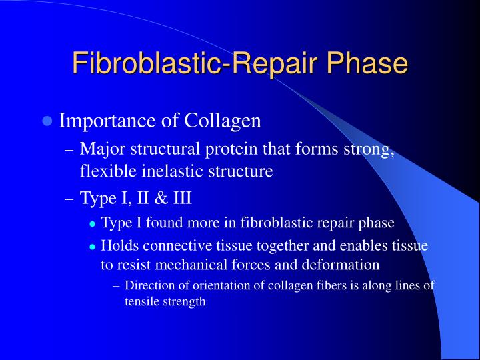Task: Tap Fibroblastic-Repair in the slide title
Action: [x=189, y=64]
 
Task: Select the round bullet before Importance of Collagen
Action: [x=47, y=121]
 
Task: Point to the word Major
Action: [x=99, y=150]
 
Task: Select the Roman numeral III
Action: [x=182, y=198]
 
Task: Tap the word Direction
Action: [x=149, y=286]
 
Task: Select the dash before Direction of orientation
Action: [x=117, y=286]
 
